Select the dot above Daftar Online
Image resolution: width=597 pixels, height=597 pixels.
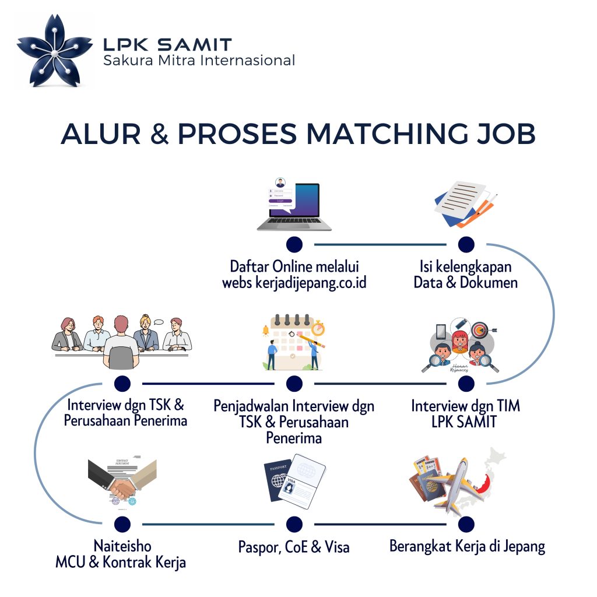(294, 244)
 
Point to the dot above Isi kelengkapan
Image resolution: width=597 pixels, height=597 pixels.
(466, 244)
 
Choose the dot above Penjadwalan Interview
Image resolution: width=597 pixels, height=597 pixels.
(294, 383)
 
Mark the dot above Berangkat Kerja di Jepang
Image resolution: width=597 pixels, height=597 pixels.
(466, 524)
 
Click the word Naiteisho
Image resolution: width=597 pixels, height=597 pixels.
(122, 546)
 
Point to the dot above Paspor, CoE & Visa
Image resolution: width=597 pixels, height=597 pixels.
(294, 524)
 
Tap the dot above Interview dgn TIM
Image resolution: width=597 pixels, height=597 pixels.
(466, 383)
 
